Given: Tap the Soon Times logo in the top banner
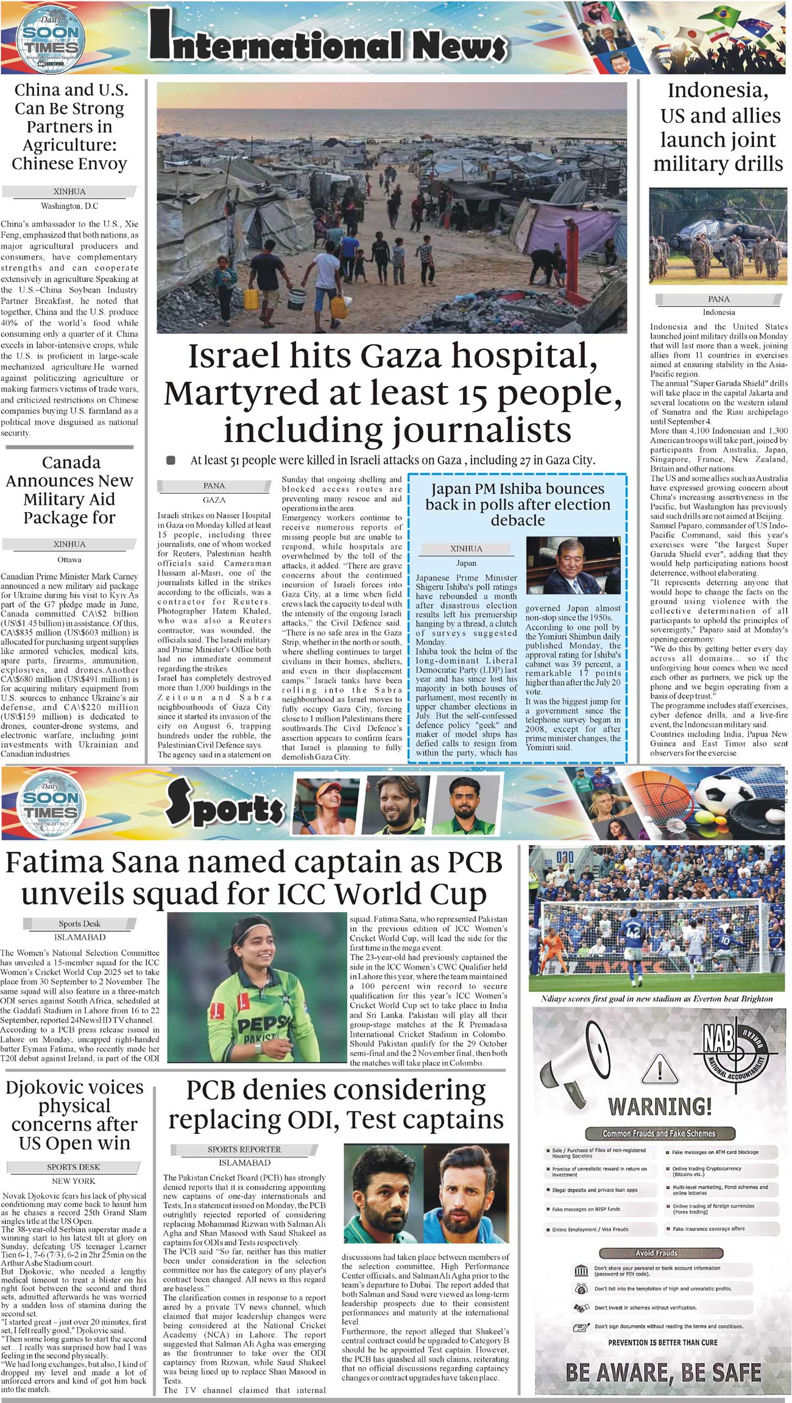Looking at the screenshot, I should [50, 40].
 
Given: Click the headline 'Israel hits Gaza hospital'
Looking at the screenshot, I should [392, 393].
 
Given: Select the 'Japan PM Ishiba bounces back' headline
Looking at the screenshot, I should [517, 504].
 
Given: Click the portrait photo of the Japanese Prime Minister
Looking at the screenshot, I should [573, 565].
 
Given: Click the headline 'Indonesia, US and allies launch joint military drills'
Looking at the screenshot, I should [718, 127].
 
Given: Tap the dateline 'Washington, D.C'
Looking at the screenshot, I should [69, 206].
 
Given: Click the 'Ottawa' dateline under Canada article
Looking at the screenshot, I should [69, 559].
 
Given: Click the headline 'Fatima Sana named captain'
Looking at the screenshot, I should [254, 878].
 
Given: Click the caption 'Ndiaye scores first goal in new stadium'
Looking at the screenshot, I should [656, 999].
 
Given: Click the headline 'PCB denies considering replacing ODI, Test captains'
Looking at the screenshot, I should [336, 1105].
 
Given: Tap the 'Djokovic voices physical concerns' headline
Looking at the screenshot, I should [74, 1114].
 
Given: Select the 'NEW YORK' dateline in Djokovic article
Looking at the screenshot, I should [74, 1181].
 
